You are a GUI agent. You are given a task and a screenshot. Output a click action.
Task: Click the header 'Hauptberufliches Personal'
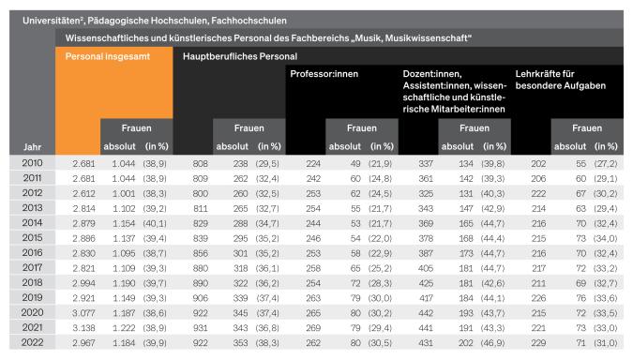pyautogui.click(x=239, y=57)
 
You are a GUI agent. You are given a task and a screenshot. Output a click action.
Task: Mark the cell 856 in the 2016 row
pyautogui.click(x=199, y=253)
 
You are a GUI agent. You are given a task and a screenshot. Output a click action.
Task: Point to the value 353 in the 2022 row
pyautogui.click(x=241, y=343)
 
